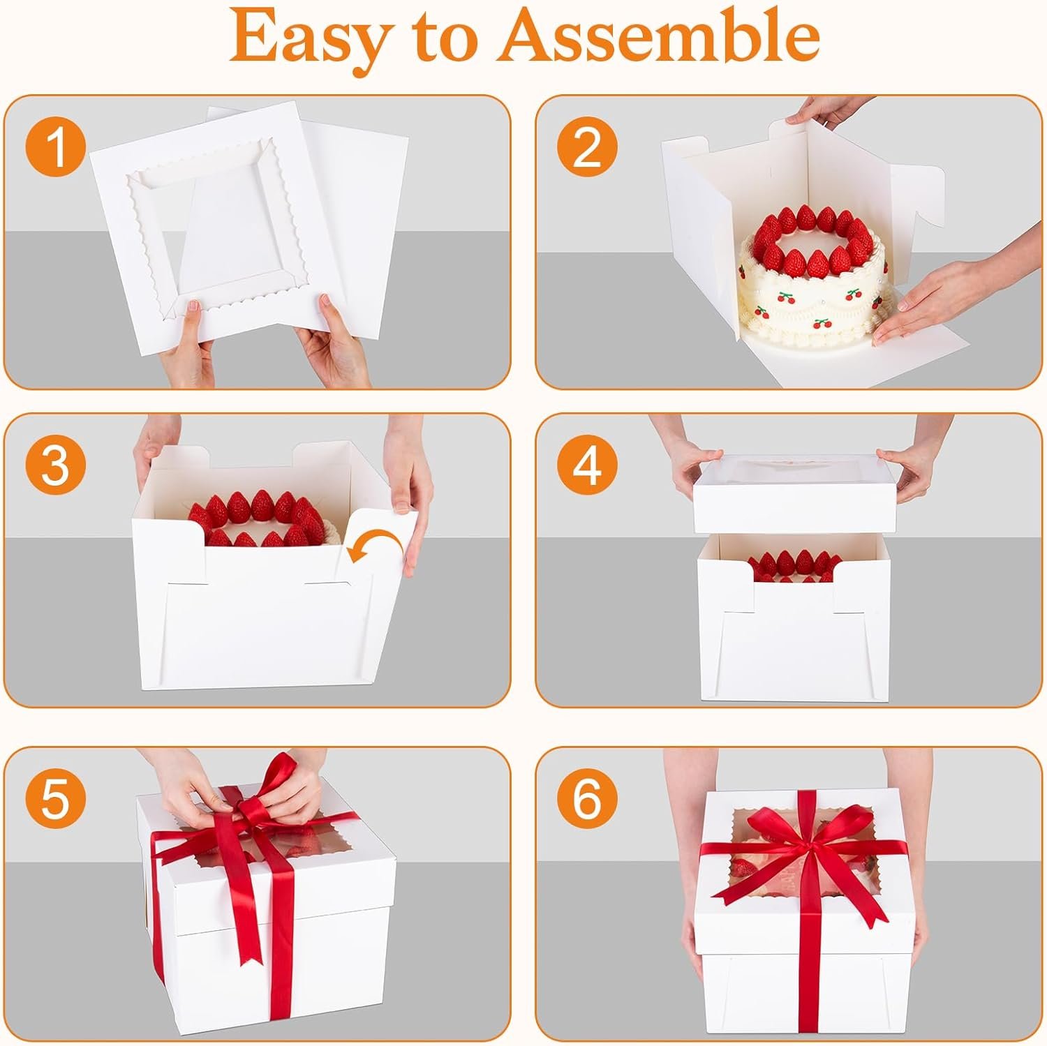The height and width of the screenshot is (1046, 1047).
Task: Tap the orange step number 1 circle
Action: point(55,147)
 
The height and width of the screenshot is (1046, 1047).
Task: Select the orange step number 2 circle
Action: point(587,147)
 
